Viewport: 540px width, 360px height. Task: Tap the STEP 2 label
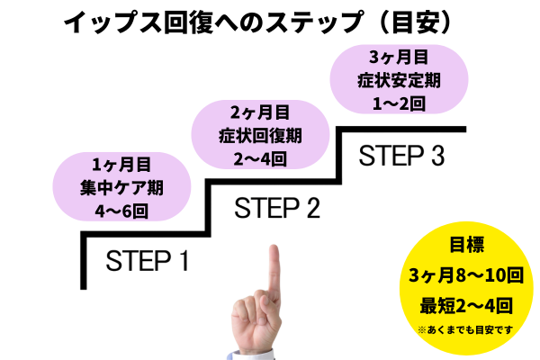pyautogui.click(x=277, y=209)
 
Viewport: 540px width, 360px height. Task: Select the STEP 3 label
pyautogui.click(x=401, y=156)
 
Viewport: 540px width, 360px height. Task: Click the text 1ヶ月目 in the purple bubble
pyautogui.click(x=113, y=164)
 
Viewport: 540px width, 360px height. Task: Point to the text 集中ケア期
pyautogui.click(x=113, y=188)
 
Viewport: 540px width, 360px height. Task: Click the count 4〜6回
pyautogui.click(x=113, y=212)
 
